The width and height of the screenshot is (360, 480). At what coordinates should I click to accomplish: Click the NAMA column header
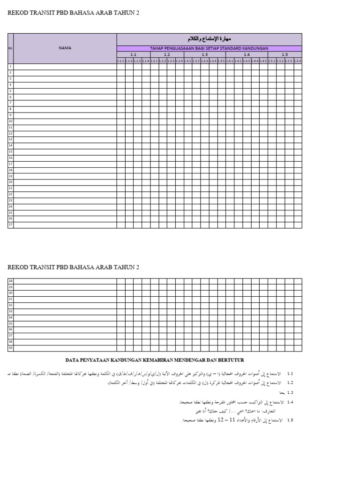point(65,48)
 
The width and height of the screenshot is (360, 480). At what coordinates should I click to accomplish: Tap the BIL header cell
point(10,48)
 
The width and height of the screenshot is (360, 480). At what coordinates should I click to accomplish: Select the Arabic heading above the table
point(209,39)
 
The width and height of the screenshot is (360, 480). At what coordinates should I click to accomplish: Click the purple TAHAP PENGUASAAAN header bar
point(209,48)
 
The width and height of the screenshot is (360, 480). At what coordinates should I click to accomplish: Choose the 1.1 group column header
point(133,54)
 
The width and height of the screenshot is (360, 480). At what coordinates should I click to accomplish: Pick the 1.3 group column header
point(205,54)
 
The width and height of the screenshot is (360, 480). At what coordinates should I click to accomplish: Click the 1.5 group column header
point(285,54)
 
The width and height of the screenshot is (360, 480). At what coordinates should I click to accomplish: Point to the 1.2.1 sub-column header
point(154,60)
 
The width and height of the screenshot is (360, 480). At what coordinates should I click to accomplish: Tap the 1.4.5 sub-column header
point(263,60)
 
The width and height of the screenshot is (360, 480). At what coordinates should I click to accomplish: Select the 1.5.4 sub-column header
point(298,60)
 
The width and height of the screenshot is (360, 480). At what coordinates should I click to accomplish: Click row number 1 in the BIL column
point(10,67)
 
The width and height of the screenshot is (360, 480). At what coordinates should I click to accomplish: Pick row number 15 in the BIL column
point(10,152)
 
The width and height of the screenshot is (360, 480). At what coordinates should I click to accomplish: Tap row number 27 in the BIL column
point(10,225)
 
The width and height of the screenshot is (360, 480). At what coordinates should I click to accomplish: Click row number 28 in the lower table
point(10,281)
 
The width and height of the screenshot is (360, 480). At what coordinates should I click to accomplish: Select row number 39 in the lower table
point(10,348)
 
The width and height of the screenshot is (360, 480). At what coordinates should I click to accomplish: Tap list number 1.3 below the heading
point(290,392)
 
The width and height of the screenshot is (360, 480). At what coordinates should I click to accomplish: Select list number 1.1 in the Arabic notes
point(290,374)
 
